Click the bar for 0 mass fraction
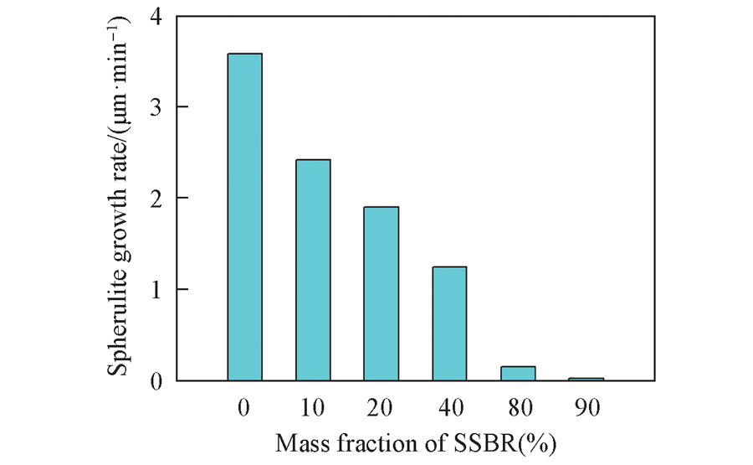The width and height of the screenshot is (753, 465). (244, 218)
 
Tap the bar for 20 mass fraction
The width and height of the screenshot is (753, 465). (382, 293)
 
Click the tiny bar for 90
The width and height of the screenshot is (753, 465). (586, 379)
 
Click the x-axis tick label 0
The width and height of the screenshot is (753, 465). (244, 408)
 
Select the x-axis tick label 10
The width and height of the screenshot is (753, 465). (313, 408)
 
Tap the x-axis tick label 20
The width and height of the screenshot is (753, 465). (382, 408)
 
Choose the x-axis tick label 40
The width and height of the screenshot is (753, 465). (449, 408)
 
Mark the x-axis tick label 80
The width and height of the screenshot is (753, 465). (518, 408)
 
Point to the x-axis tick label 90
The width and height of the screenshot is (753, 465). (586, 408)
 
